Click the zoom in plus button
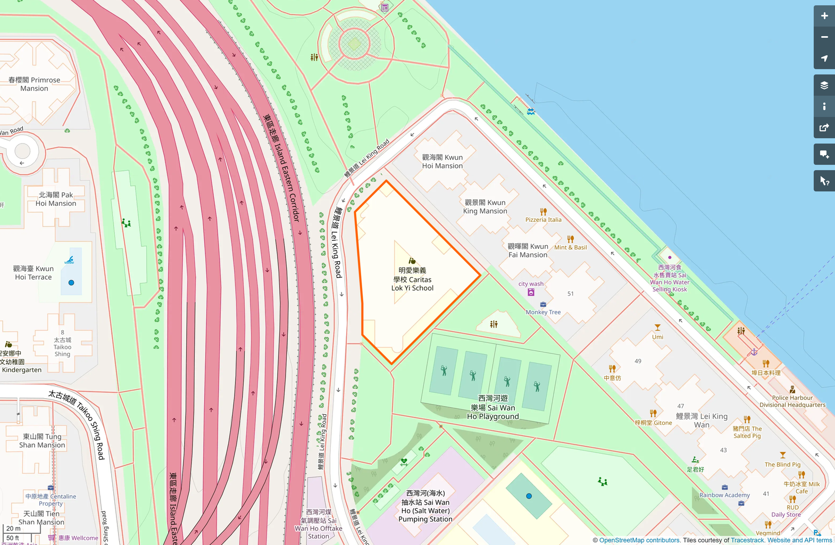(x=824, y=16)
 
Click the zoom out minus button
(x=824, y=37)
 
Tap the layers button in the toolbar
(x=824, y=85)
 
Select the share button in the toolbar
(x=824, y=128)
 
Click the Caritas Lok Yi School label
(x=412, y=279)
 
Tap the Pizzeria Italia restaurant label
(x=543, y=220)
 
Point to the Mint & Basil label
(x=571, y=247)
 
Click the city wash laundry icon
(x=531, y=292)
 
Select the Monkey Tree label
(x=543, y=312)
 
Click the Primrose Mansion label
(x=34, y=84)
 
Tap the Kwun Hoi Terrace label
(x=34, y=273)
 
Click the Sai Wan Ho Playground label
(x=493, y=407)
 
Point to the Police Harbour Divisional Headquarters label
(x=792, y=401)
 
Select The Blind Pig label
(x=782, y=464)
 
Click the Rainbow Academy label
(x=724, y=495)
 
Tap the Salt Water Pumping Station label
(x=425, y=506)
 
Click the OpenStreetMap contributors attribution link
(x=639, y=540)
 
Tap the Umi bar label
(x=658, y=337)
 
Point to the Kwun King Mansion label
(x=485, y=207)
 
